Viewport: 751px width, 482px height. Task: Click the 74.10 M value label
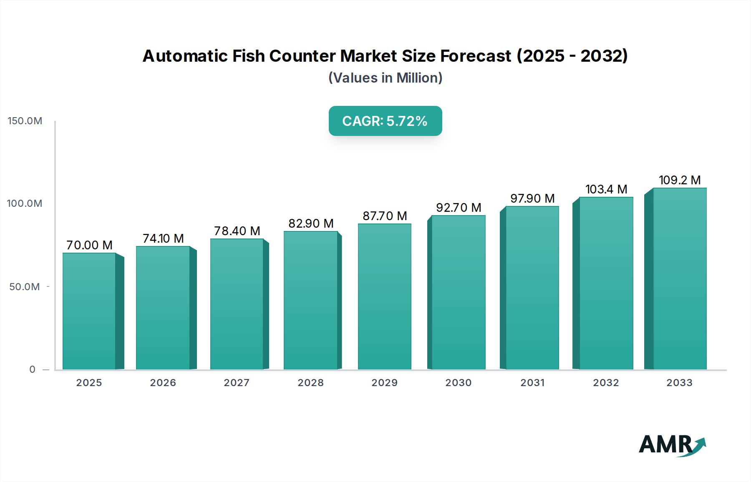(163, 238)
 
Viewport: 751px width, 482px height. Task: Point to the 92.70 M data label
(459, 208)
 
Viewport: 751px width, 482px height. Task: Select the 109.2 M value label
(680, 180)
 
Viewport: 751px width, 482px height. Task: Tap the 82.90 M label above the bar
(311, 223)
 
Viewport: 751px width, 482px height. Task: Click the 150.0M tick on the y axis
(25, 121)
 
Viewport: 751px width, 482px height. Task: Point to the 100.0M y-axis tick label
(25, 203)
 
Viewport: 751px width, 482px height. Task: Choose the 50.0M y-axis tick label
(25, 287)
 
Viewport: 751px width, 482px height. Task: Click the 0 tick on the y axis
(32, 369)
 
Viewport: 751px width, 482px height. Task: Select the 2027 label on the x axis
(237, 383)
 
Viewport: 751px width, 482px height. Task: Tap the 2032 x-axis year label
(606, 383)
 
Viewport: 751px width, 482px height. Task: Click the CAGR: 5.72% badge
(385, 121)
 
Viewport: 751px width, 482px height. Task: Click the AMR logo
(672, 445)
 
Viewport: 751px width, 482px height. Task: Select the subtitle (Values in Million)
(385, 78)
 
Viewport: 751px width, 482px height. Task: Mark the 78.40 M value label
(237, 231)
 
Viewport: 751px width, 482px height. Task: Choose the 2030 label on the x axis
(458, 383)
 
